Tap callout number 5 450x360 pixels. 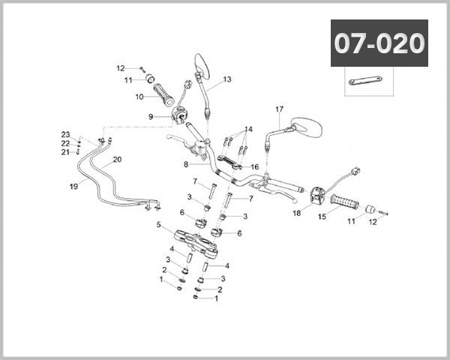point(159,224)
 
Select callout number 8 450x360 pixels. point(185,164)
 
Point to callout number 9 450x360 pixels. point(151,116)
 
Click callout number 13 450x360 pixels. point(227,79)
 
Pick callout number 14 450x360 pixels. point(248,129)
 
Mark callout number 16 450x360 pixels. point(255,166)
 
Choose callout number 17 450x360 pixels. point(279,109)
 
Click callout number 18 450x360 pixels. point(296,213)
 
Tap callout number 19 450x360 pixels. point(73,186)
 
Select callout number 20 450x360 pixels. point(116,160)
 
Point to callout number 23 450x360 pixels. point(65,134)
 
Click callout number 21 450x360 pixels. point(65,152)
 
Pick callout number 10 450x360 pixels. point(139,97)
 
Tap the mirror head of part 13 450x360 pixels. point(202,63)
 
